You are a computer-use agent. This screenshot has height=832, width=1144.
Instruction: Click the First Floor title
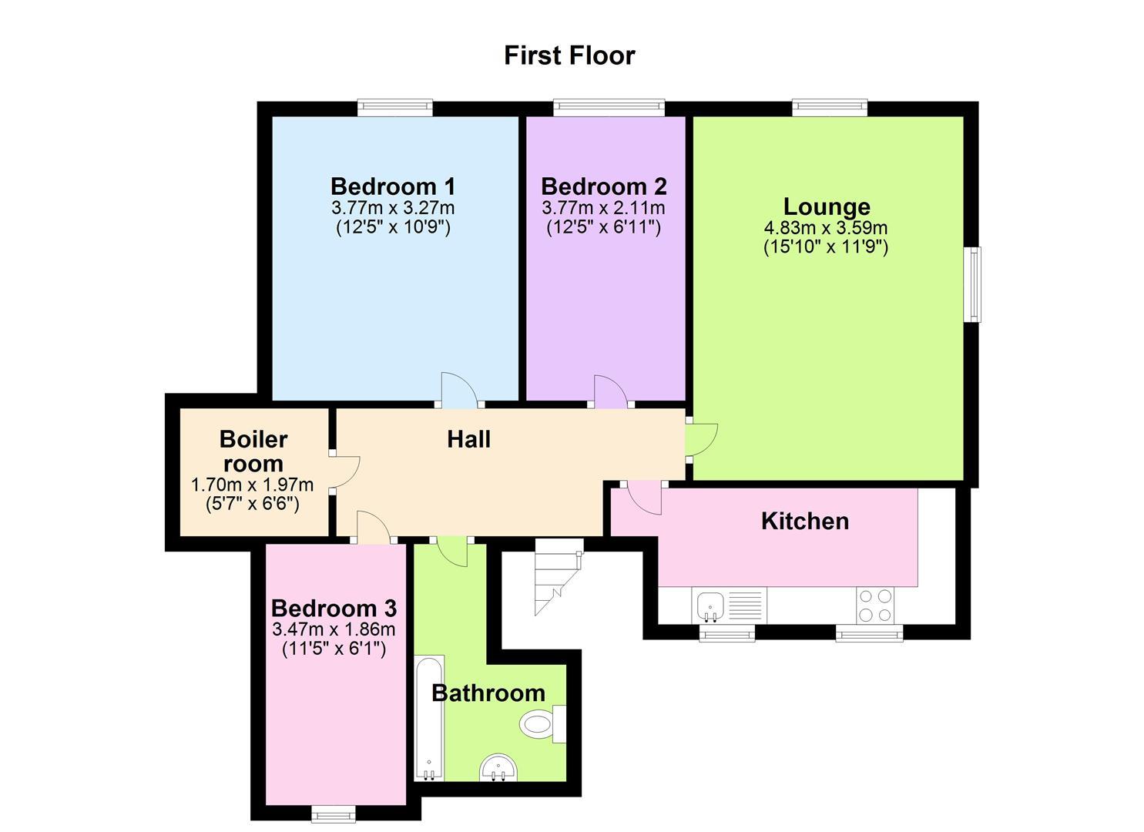coord(569,55)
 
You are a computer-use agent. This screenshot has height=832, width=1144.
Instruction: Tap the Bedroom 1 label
coord(393,186)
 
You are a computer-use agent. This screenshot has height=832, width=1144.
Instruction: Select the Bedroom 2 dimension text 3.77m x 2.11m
coord(603,208)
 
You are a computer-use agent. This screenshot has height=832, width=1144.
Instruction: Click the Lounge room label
coord(827,206)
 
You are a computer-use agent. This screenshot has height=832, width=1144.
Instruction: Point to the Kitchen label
coord(805,521)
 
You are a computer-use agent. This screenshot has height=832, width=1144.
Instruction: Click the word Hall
coord(468,439)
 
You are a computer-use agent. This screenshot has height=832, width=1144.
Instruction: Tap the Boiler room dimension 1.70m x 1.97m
coord(252,485)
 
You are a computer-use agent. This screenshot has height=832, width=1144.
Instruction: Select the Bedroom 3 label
coord(334,608)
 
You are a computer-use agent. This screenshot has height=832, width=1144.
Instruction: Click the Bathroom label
coord(488,693)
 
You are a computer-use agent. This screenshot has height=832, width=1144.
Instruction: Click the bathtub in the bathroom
coord(429,716)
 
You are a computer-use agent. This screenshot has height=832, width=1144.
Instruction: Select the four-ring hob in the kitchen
coord(875,605)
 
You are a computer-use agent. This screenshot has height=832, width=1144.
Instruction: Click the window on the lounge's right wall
coord(975,283)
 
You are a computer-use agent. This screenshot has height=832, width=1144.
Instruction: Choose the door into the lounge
coord(702,441)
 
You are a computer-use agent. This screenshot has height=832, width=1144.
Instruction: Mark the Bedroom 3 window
coord(334,814)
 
